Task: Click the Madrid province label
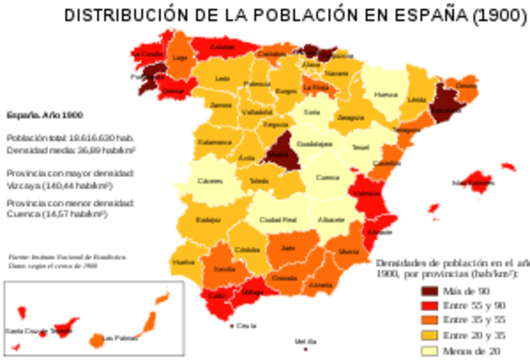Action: coord(277,154)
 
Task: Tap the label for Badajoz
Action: coord(208,219)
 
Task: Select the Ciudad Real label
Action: coord(277,219)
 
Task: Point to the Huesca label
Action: coord(386,94)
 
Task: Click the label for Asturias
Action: coord(223,48)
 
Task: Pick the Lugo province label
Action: coord(180,57)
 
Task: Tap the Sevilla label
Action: coord(224,269)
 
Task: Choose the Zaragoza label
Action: coord(351,118)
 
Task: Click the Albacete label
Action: coord(331,219)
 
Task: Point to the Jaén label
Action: coord(287,247)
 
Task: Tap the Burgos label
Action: coord(286,90)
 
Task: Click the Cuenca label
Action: coord(327,176)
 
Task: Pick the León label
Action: coord(222,79)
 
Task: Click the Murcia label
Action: coord(349,250)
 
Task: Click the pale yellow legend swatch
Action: coord(429,351)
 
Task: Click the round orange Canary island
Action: coord(97,339)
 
